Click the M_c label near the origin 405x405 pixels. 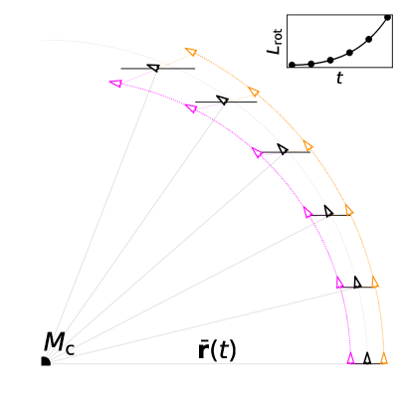click(x=58, y=343)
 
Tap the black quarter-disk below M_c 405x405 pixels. click(x=44, y=361)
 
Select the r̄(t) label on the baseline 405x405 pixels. click(x=217, y=350)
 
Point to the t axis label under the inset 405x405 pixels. click(x=339, y=78)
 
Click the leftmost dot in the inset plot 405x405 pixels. click(x=293, y=65)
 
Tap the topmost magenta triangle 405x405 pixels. click(x=116, y=84)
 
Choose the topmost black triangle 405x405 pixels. click(x=152, y=68)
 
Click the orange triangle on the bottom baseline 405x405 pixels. click(x=384, y=358)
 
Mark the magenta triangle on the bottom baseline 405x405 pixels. click(x=350, y=358)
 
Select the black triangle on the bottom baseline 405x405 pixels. click(x=367, y=358)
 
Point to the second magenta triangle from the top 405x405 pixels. click(x=191, y=107)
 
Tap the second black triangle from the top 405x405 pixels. click(x=222, y=101)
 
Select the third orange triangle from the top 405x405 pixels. click(x=307, y=146)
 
